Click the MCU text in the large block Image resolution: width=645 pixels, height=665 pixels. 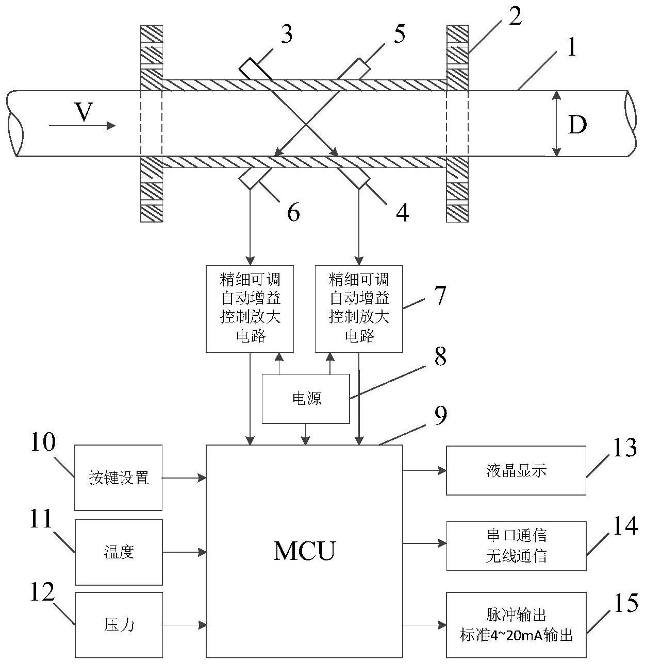304,550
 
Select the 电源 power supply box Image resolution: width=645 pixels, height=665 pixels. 306,399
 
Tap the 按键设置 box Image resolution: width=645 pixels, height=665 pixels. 119,478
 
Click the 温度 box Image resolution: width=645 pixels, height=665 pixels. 119,552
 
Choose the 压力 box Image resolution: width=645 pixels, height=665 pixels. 119,625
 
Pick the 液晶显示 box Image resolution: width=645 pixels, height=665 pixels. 516,470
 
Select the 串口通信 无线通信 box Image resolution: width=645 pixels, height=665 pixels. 516,546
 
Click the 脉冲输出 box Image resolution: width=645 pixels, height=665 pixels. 516,625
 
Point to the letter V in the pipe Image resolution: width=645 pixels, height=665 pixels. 84,112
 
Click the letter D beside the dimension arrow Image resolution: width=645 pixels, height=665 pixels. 577,124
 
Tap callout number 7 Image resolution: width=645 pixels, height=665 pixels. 439,296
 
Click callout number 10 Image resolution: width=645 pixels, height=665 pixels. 42,442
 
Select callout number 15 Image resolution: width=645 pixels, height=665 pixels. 626,603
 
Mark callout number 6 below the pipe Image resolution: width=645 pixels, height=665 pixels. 293,212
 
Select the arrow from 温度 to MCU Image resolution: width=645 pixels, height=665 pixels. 184,552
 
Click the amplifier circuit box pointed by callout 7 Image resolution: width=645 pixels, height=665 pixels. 359,309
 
